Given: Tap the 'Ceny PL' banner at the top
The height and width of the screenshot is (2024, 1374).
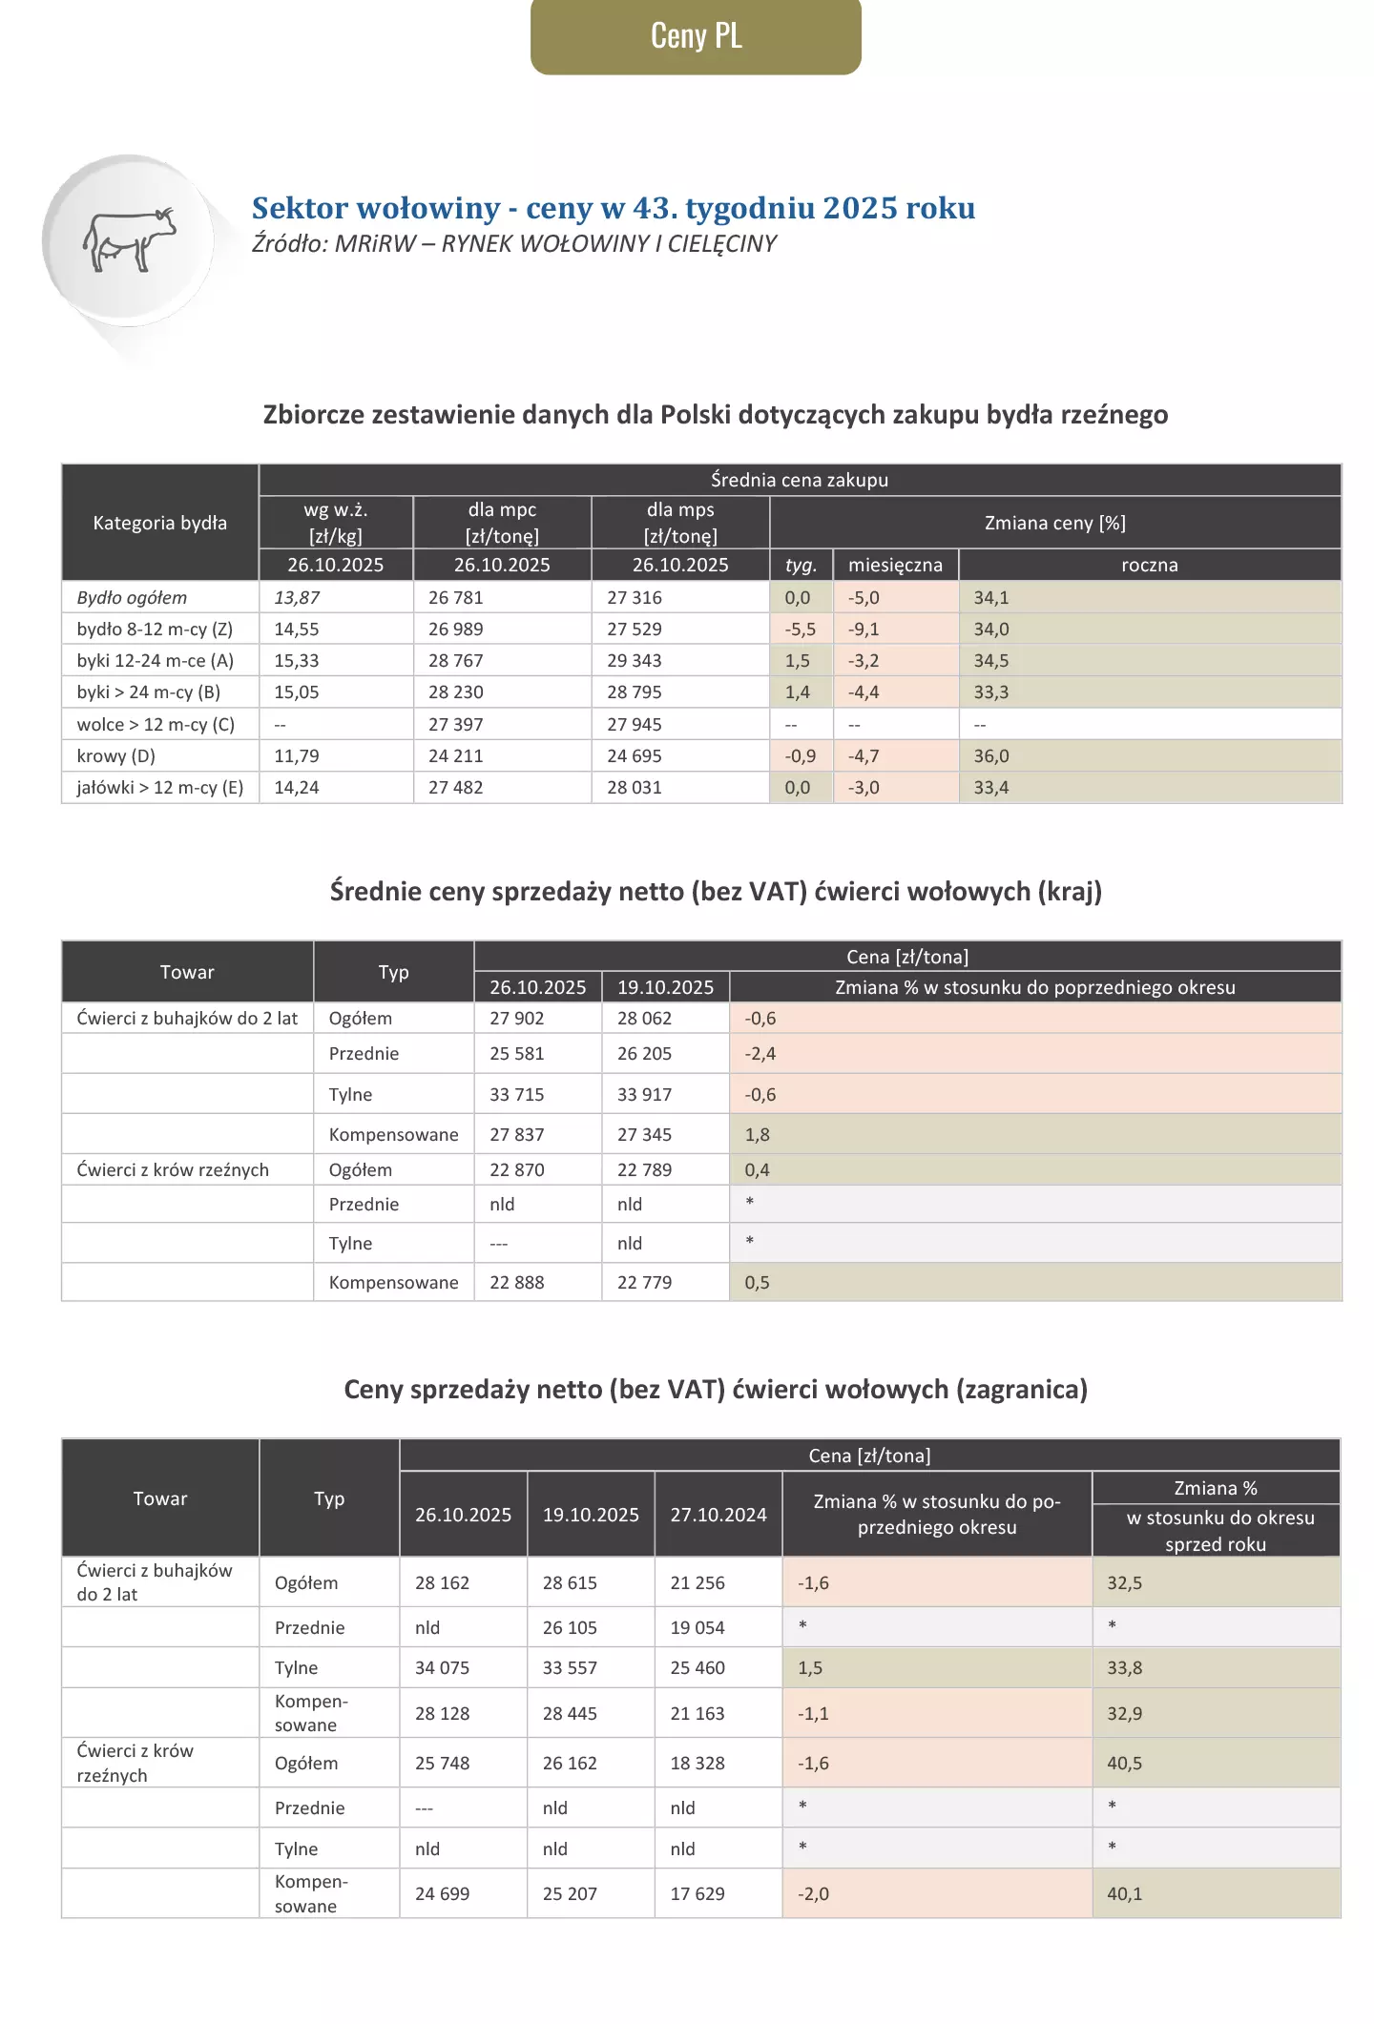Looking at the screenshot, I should click(x=696, y=36).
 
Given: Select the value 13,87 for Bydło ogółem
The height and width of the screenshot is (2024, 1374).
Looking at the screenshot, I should click(x=297, y=598).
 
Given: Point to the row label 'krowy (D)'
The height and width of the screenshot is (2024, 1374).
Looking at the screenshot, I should click(x=116, y=756).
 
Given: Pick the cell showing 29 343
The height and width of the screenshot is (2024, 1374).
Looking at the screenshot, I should click(x=634, y=661).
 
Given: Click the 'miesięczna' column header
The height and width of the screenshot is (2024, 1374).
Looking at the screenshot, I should click(x=895, y=565).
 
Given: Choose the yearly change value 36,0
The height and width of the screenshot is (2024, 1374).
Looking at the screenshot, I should click(x=991, y=756).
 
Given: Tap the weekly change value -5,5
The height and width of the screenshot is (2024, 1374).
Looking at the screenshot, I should click(x=800, y=630).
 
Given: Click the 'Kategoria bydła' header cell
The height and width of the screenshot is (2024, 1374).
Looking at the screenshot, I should click(x=159, y=523).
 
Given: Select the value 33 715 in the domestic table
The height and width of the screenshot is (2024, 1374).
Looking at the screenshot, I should click(x=516, y=1095).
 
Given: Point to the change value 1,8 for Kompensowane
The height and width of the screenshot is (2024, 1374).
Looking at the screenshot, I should click(x=758, y=1135).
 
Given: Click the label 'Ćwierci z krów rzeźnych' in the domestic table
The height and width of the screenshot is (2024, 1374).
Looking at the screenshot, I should click(x=173, y=1170).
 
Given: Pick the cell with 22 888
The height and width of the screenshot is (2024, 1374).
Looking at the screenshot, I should click(x=516, y=1283).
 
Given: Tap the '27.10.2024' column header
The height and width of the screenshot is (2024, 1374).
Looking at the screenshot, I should click(x=718, y=1515).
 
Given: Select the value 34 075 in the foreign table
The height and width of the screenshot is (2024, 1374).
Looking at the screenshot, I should click(x=442, y=1668).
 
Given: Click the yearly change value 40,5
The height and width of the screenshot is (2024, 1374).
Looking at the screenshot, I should click(x=1124, y=1764).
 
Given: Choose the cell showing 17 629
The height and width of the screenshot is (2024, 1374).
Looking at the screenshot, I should click(x=697, y=1893).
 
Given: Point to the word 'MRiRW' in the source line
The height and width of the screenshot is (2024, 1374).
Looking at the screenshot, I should click(x=375, y=244).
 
